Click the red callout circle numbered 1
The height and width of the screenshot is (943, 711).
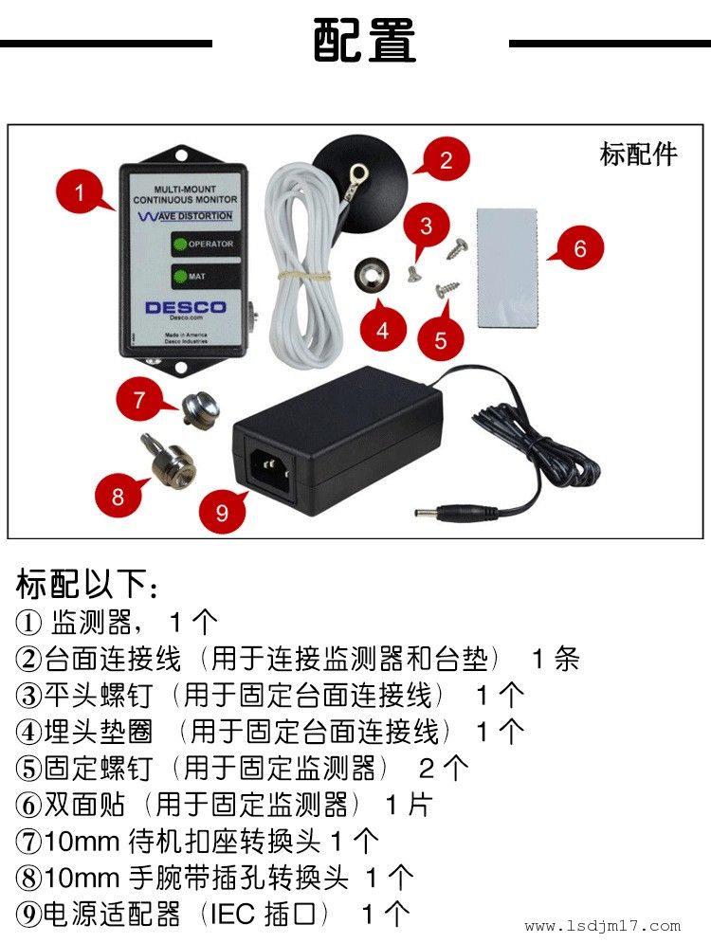(80, 192)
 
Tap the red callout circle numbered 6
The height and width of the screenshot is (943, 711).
(579, 247)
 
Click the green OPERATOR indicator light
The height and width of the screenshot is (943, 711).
(180, 245)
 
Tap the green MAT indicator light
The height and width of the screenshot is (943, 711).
(180, 277)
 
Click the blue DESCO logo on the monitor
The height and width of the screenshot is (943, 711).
(185, 307)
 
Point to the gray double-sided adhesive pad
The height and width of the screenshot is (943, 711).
(506, 267)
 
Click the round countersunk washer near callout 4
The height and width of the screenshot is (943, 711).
(371, 276)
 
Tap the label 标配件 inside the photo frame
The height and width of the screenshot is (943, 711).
(638, 154)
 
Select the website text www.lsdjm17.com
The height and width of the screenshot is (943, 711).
(602, 926)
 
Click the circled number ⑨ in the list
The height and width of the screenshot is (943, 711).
(28, 915)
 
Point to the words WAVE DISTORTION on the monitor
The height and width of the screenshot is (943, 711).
(185, 216)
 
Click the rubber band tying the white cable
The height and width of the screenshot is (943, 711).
(303, 277)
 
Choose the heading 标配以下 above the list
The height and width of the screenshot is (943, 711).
(87, 584)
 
